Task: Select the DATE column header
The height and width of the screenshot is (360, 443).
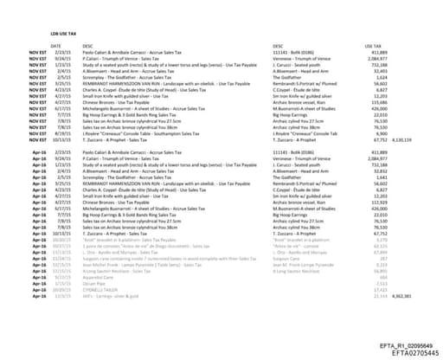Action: [56, 45]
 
